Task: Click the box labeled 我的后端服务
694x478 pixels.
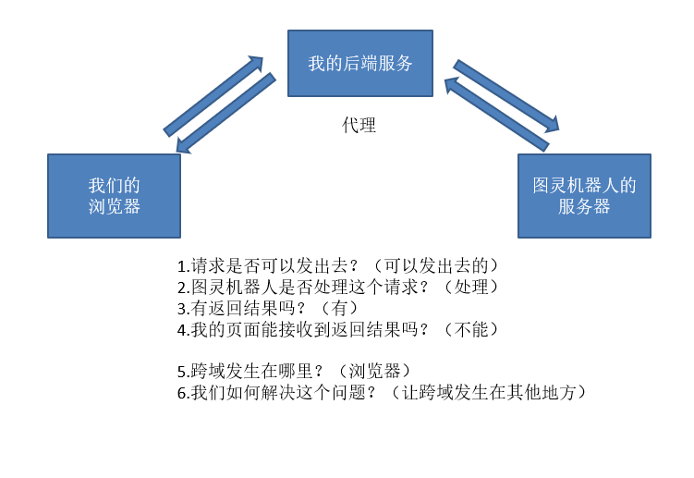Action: [x=360, y=63]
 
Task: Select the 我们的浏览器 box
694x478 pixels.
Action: [x=115, y=196]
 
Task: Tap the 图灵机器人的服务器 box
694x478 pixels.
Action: [x=584, y=196]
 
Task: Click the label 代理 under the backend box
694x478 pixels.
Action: [x=359, y=126]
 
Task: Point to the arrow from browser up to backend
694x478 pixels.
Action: [x=213, y=95]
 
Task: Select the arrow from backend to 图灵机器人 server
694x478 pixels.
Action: [x=506, y=95]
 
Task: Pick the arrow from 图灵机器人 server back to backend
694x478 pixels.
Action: [x=496, y=115]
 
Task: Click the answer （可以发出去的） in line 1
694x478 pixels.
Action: [x=436, y=265]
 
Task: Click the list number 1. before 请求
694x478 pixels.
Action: [x=184, y=266]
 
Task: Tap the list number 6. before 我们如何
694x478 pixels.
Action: [x=184, y=393]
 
